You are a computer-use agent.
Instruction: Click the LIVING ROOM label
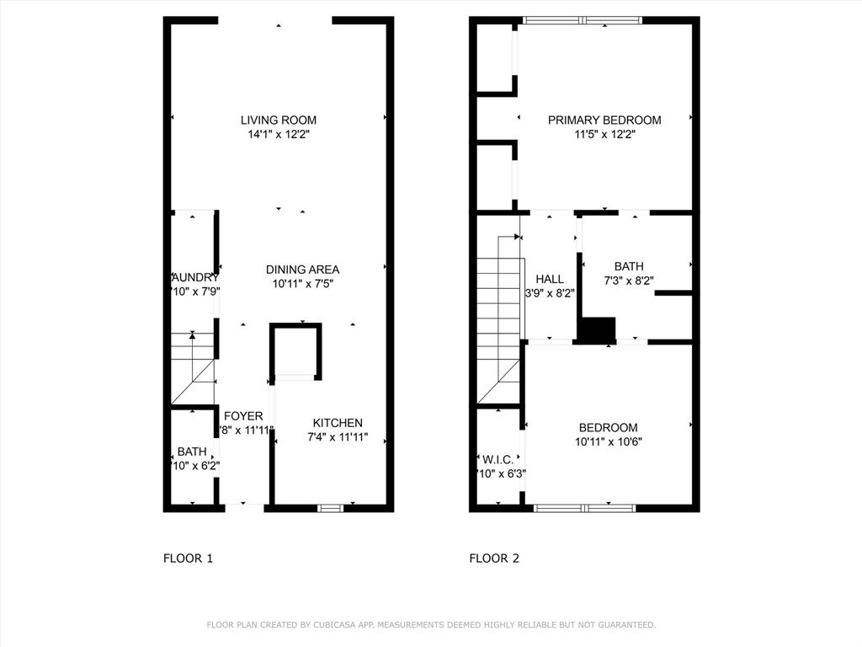(279, 120)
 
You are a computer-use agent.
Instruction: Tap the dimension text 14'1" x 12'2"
(279, 134)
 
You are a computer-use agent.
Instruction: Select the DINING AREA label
(303, 270)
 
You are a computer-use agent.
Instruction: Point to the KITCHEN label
(338, 423)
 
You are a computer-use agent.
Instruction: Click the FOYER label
(243, 416)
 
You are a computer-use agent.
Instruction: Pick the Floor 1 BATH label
(192, 452)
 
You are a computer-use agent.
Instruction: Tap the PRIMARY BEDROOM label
(604, 120)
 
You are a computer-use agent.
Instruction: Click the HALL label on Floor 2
(550, 280)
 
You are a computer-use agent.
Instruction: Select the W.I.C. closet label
(498, 460)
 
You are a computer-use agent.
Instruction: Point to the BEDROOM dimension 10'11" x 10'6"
(608, 441)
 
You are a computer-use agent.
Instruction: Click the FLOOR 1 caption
(188, 558)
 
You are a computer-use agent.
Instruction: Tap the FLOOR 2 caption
(494, 558)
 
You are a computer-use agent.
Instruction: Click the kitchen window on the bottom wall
(331, 507)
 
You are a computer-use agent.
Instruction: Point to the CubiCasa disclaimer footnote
(431, 625)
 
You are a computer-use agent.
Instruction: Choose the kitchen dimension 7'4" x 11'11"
(338, 437)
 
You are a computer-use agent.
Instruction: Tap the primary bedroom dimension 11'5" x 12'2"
(604, 134)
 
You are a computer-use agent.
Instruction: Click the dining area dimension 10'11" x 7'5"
(303, 284)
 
